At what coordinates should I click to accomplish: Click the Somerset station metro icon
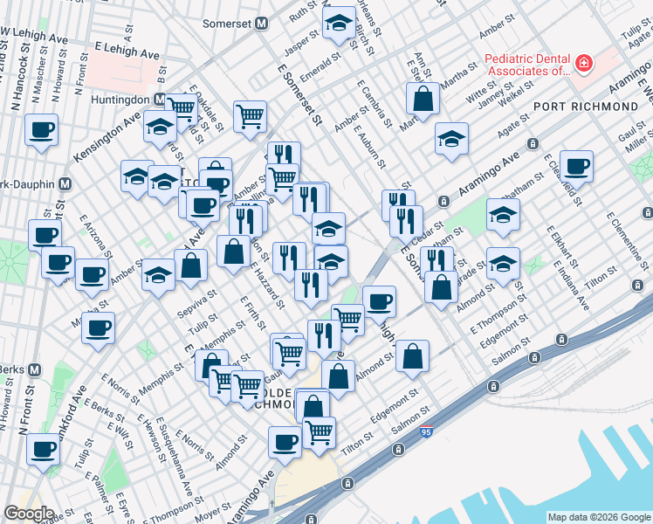pyautogui.click(x=260, y=24)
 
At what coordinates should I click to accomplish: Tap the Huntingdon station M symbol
pyautogui.click(x=160, y=100)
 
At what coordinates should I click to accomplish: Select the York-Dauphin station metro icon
pyautogui.click(x=63, y=185)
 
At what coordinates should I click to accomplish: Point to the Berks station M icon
pyautogui.click(x=34, y=369)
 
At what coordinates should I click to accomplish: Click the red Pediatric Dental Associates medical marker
pyautogui.click(x=581, y=64)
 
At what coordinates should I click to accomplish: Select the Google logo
pyautogui.click(x=29, y=514)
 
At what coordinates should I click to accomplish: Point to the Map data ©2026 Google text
pyautogui.click(x=598, y=516)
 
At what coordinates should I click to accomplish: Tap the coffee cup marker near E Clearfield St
pyautogui.click(x=575, y=166)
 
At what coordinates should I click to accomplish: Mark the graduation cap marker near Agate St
pyautogui.click(x=451, y=139)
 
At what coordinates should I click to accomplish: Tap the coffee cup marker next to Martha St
pyautogui.click(x=98, y=327)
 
